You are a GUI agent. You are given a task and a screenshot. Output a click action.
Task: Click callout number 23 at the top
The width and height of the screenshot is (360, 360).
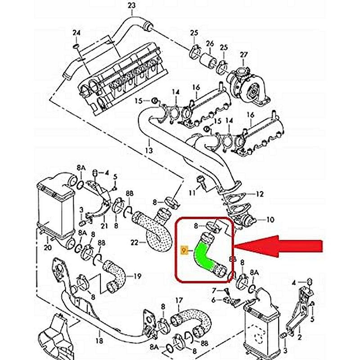131,5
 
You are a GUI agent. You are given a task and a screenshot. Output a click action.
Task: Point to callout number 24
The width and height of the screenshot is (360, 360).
76,33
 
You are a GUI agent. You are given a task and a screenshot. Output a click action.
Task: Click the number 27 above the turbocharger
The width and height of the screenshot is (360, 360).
243,55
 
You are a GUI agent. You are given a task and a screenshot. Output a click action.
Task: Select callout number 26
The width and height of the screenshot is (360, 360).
209,44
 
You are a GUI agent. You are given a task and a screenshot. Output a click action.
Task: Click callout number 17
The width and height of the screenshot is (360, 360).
179,300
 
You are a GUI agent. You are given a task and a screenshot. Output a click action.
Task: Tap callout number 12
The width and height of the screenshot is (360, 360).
260,194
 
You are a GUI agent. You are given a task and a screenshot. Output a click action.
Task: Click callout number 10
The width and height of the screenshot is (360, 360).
270,220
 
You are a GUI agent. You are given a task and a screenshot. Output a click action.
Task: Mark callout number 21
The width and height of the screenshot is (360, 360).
104,225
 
